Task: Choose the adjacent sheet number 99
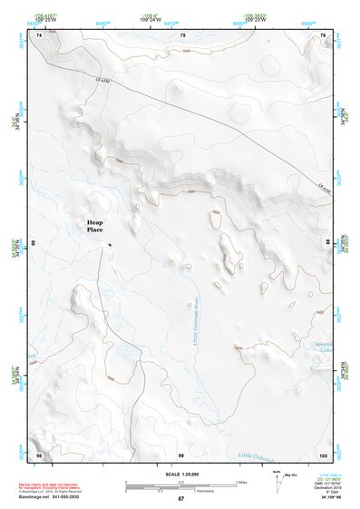[x=180, y=454]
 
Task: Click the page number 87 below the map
[x=180, y=499]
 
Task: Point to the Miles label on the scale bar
[x=242, y=481]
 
